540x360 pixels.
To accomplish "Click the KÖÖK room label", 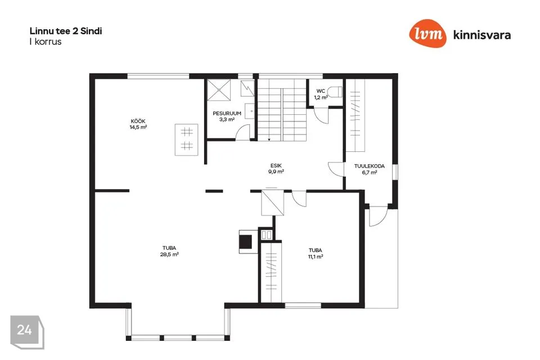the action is tap(138, 121).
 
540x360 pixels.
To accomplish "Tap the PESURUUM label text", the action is tap(227, 113).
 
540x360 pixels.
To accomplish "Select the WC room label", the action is tap(321, 91).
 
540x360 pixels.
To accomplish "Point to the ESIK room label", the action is tap(276, 166).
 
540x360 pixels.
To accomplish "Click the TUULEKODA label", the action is tap(370, 166).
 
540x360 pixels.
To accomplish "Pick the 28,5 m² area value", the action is tap(169, 254).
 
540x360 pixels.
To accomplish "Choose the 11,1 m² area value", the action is tap(316, 256).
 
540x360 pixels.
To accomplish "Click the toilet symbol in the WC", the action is tap(334, 92).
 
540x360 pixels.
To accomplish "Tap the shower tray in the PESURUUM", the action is tap(219, 90).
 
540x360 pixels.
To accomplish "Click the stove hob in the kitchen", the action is tap(187, 139).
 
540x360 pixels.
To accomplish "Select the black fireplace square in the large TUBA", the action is tap(246, 241).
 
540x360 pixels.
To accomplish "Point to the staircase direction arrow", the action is tap(269, 138).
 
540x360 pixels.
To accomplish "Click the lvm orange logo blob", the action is tap(427, 33).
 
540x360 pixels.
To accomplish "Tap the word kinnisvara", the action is tap(482, 35).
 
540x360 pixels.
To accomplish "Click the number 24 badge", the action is tap(27, 332).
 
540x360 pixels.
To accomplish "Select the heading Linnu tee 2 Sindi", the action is tap(66, 31).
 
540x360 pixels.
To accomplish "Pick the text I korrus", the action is tap(46, 42).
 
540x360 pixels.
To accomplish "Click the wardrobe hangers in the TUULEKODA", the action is tap(355, 115).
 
